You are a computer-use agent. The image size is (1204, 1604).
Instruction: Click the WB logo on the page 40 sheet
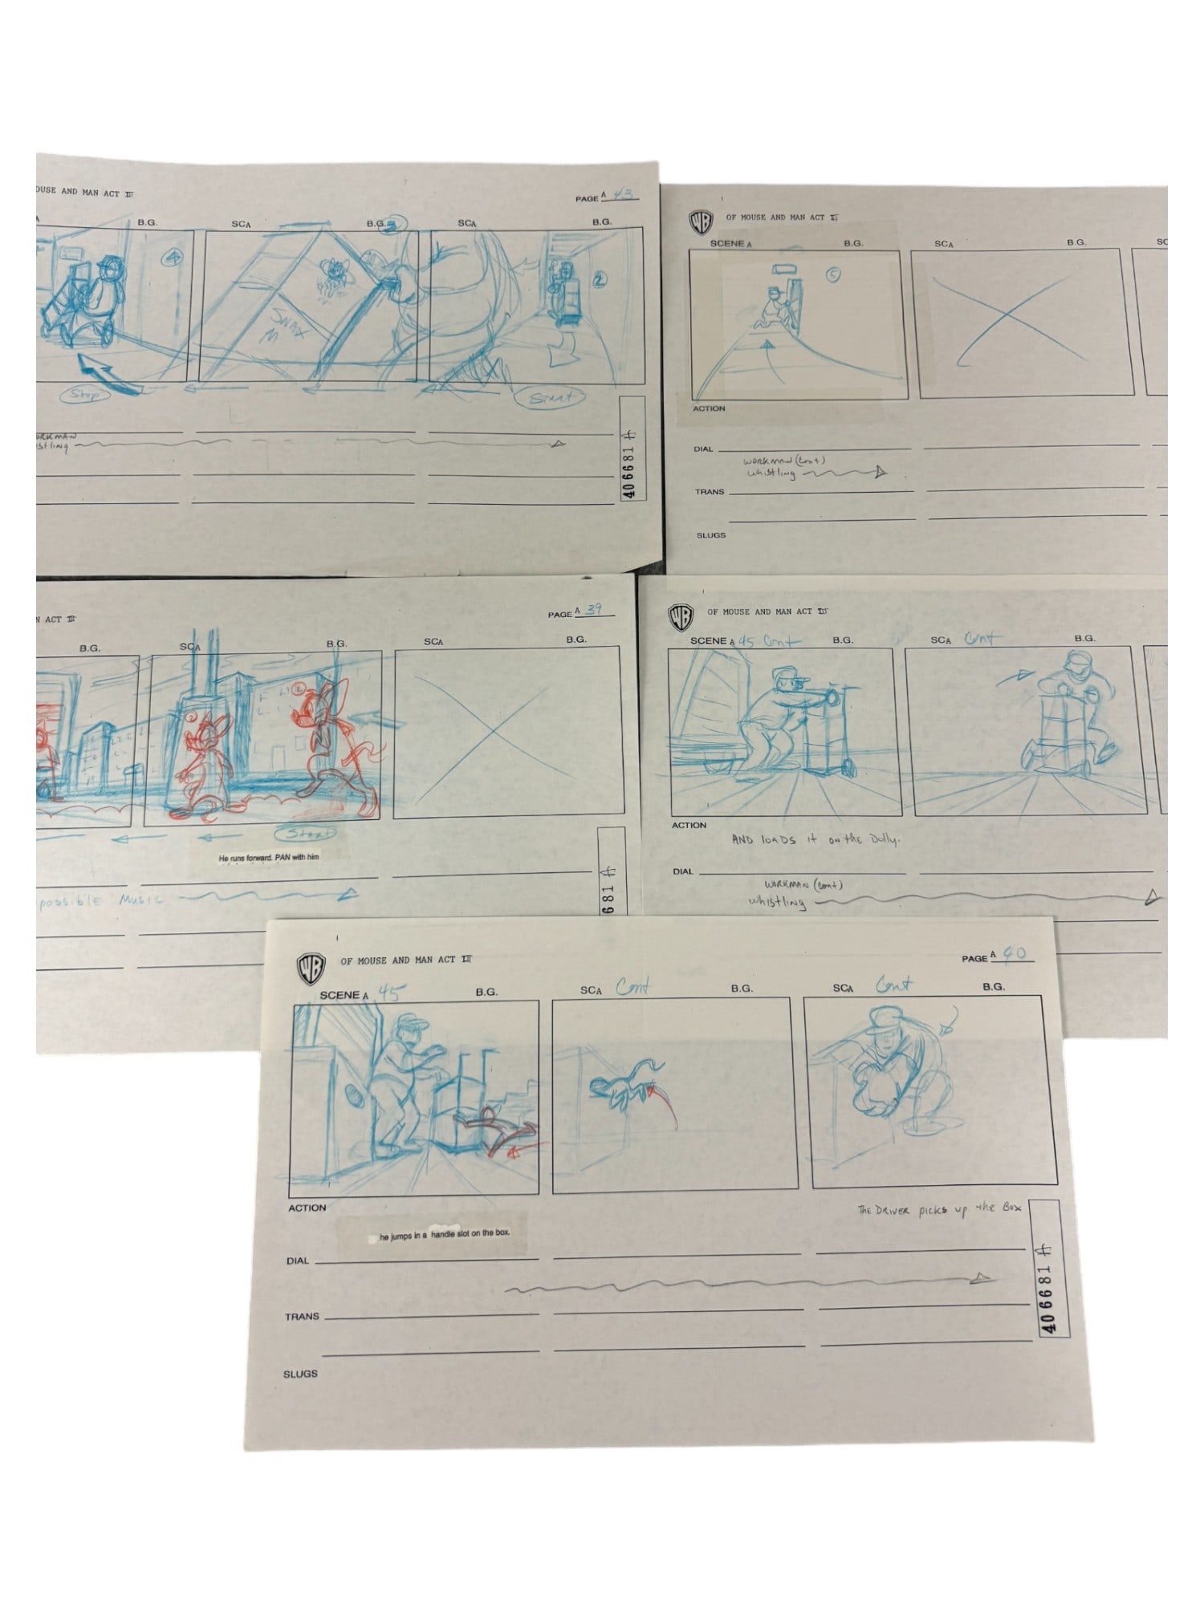tap(312, 968)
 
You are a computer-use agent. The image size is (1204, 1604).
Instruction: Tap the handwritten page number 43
tap(623, 194)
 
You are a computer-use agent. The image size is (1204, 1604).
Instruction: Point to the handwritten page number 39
tap(593, 610)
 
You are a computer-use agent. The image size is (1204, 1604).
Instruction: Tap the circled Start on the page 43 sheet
tap(552, 397)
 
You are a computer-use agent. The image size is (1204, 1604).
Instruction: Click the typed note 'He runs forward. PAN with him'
tap(269, 858)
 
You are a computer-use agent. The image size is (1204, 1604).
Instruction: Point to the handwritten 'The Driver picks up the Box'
tap(938, 1209)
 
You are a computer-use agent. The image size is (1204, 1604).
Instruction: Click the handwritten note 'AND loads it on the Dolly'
tap(815, 839)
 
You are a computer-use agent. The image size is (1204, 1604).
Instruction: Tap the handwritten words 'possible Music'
tap(100, 900)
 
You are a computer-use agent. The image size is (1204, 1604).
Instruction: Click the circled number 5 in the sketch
tap(833, 275)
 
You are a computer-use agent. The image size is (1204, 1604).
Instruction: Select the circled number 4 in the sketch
tap(171, 258)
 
